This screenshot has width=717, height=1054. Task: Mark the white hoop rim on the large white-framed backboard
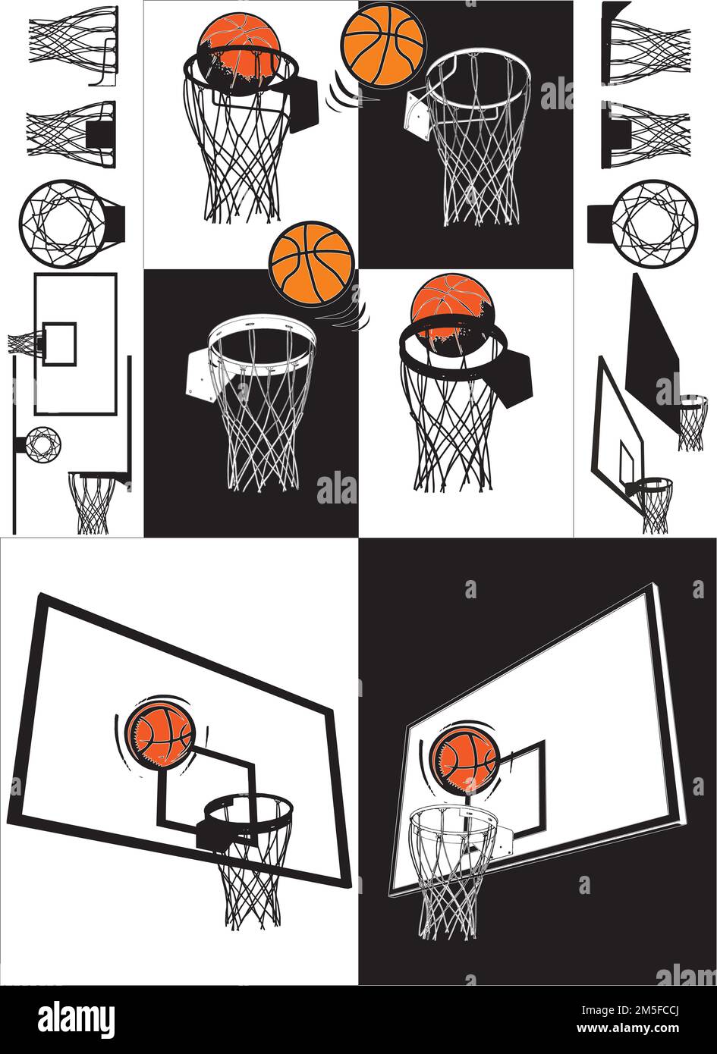[x=453, y=819]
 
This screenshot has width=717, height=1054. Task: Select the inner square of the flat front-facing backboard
[x=59, y=344]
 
